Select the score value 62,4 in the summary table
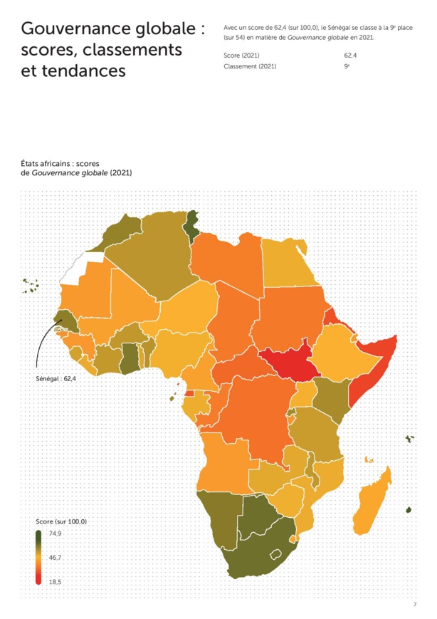tap(349, 55)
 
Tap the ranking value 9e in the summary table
tap(347, 66)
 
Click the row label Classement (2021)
tap(249, 66)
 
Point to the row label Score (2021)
tap(242, 55)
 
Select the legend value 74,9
tap(55, 534)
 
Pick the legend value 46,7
tap(55, 557)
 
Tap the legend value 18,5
tap(55, 582)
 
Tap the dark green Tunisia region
tap(191, 229)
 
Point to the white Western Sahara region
tap(78, 266)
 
